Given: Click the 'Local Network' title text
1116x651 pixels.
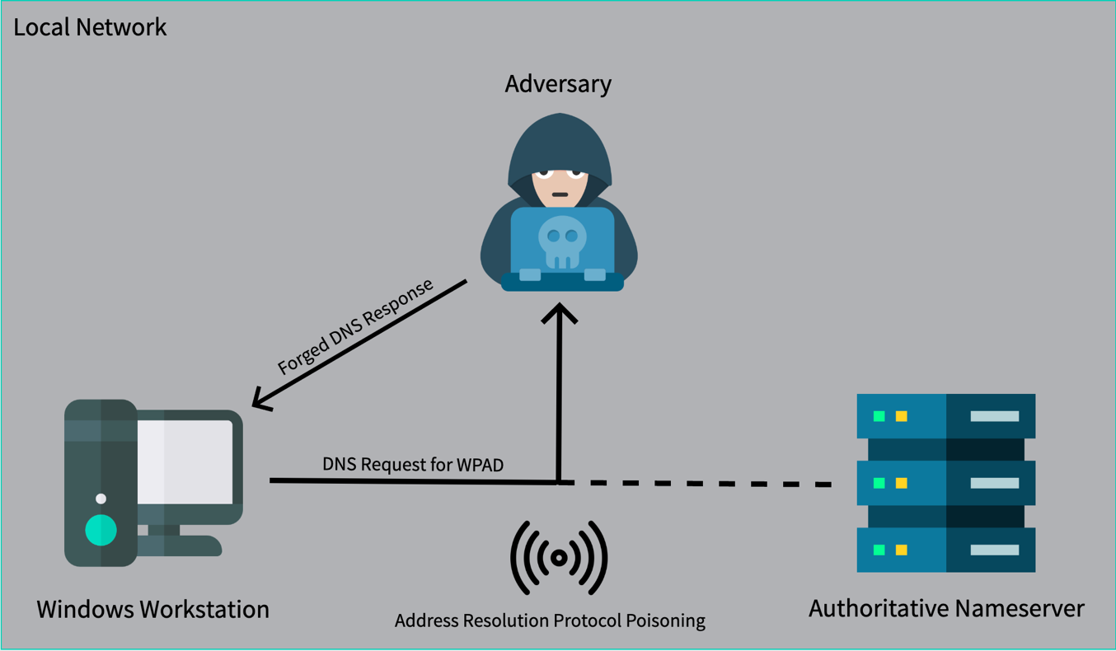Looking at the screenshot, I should click(90, 27).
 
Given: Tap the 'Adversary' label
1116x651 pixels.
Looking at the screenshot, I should click(558, 84).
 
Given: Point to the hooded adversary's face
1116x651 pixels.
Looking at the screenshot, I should click(559, 186).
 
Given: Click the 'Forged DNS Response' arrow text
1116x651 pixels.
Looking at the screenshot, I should click(355, 327).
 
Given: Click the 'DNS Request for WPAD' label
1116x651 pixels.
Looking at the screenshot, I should click(413, 465).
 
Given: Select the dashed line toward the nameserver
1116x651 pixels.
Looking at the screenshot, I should click(701, 484).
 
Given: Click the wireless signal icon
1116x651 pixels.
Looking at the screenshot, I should click(559, 558).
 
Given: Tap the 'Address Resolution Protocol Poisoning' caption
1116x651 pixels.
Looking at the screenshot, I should click(550, 621).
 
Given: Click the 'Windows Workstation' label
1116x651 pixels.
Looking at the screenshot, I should click(152, 610).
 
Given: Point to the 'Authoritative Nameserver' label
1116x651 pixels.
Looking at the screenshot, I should click(946, 609).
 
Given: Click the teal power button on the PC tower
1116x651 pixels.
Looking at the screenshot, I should click(101, 530).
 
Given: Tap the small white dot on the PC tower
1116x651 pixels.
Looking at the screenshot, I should click(101, 499).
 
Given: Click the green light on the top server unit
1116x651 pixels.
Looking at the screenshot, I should click(879, 416).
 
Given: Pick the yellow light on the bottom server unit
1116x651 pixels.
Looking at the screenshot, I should click(901, 550).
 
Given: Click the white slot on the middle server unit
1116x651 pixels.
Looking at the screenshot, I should click(994, 483).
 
